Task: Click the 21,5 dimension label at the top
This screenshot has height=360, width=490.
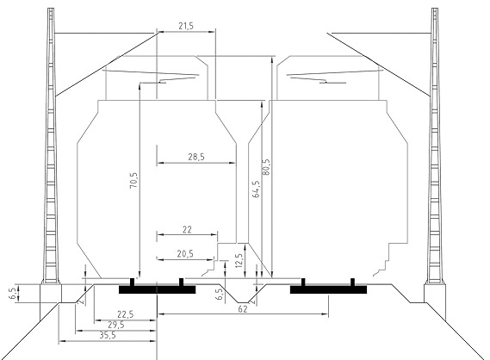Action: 186,26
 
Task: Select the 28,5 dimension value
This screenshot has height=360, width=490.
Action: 196,157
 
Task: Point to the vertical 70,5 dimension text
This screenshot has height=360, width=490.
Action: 133,180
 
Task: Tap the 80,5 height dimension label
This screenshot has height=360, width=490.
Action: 267,167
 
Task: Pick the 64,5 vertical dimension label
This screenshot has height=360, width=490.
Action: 256,189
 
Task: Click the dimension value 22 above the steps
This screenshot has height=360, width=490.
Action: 187,230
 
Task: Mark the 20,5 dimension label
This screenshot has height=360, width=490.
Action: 185,254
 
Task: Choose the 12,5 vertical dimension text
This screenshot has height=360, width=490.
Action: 239,261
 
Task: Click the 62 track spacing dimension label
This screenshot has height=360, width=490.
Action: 243,309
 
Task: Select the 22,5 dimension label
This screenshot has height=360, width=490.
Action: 126,314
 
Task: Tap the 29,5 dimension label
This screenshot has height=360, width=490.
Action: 116,325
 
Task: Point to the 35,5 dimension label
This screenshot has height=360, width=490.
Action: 108,335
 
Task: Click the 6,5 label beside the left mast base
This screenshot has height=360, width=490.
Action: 13,293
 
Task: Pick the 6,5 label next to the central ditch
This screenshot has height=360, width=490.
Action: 220,294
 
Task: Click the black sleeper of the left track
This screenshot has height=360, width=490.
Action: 158,289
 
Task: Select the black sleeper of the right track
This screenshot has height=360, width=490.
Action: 328,289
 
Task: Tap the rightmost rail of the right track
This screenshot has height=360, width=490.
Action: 352,282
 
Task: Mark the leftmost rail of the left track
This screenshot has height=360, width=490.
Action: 132,282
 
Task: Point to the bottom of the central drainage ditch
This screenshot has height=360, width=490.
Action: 243,302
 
